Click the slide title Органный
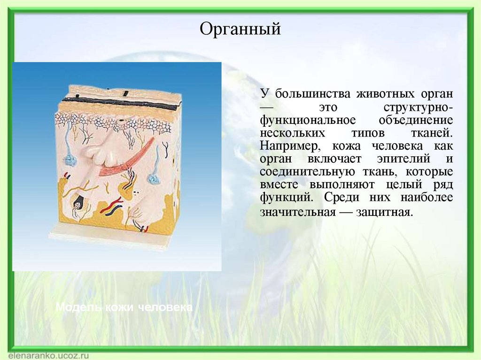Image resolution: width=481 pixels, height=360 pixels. (240, 30)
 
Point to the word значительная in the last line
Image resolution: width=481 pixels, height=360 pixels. (298, 212)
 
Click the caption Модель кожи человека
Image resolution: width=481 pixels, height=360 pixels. (124, 308)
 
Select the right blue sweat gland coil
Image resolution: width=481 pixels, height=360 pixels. (154, 179)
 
